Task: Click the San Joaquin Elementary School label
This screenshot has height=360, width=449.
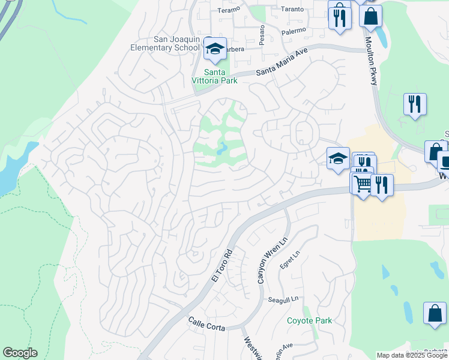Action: tap(176, 43)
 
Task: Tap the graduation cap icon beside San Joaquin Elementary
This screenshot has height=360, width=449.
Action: tap(214, 50)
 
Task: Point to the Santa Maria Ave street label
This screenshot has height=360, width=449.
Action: tap(282, 62)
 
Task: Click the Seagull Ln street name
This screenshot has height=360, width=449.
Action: tap(283, 299)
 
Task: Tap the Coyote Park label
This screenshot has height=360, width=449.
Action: tap(309, 320)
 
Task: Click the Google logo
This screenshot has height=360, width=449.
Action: tap(20, 353)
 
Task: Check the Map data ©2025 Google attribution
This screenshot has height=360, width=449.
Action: tap(412, 355)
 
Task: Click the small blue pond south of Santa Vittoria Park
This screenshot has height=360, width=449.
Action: tap(222, 148)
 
